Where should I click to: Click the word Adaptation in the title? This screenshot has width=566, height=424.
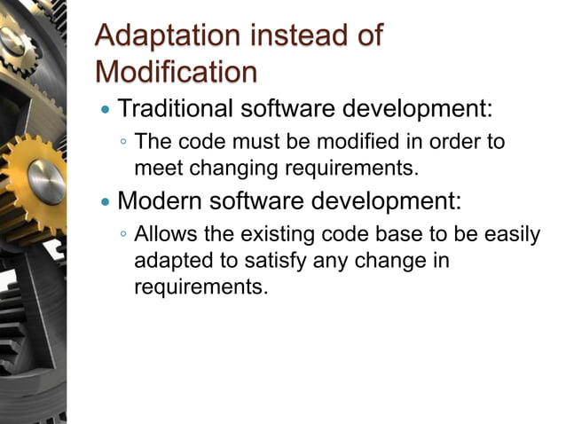168,36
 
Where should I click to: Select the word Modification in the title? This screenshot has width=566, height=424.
176,70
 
